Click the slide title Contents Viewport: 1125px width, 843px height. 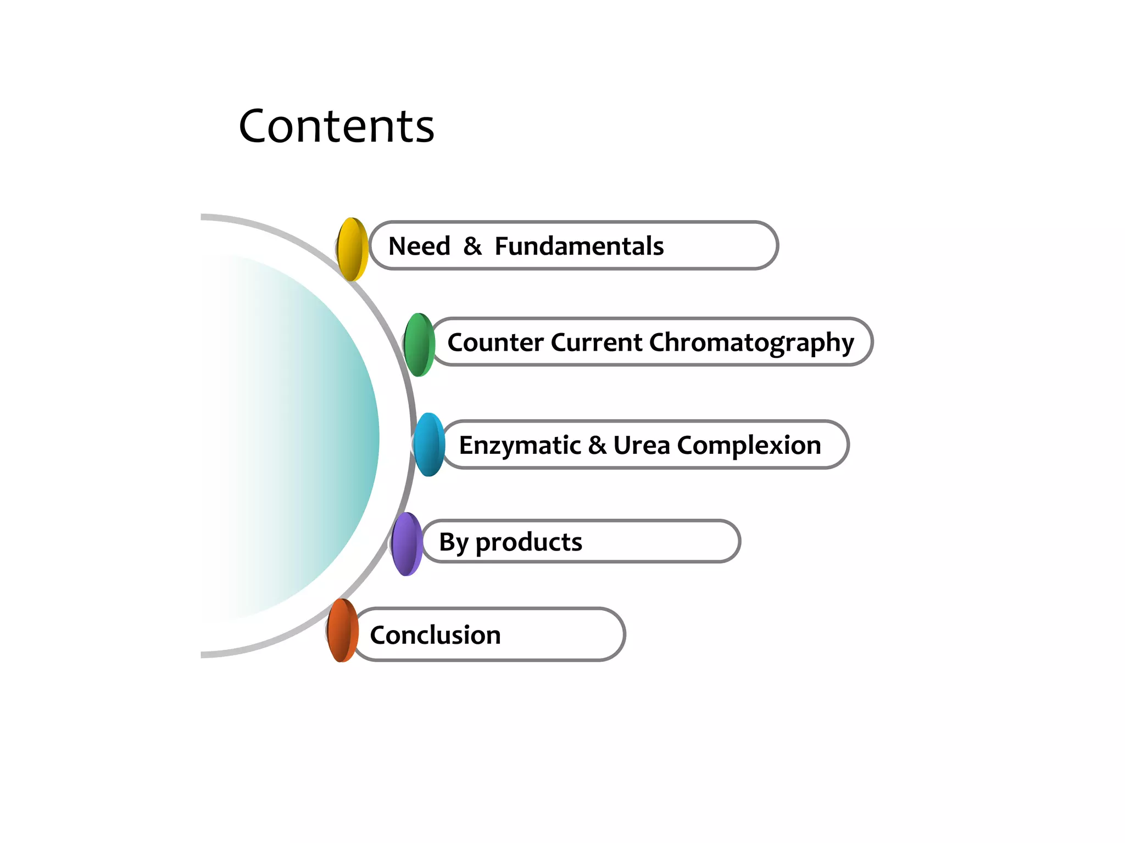[336, 127]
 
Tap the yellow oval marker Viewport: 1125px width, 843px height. [352, 249]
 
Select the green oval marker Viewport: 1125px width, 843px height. [420, 345]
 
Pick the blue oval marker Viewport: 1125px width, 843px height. [429, 445]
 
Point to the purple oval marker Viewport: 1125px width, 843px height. [407, 544]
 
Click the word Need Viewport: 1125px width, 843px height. [419, 246]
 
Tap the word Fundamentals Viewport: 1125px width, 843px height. [579, 246]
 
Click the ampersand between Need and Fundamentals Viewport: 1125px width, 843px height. [472, 246]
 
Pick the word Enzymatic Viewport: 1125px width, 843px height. [520, 446]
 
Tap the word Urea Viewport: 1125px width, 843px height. [641, 445]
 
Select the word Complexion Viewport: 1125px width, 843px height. [749, 446]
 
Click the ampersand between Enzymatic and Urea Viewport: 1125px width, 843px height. [597, 445]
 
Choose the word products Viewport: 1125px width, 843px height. [528, 543]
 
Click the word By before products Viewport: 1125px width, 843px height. [453, 543]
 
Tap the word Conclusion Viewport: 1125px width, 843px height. [435, 635]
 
